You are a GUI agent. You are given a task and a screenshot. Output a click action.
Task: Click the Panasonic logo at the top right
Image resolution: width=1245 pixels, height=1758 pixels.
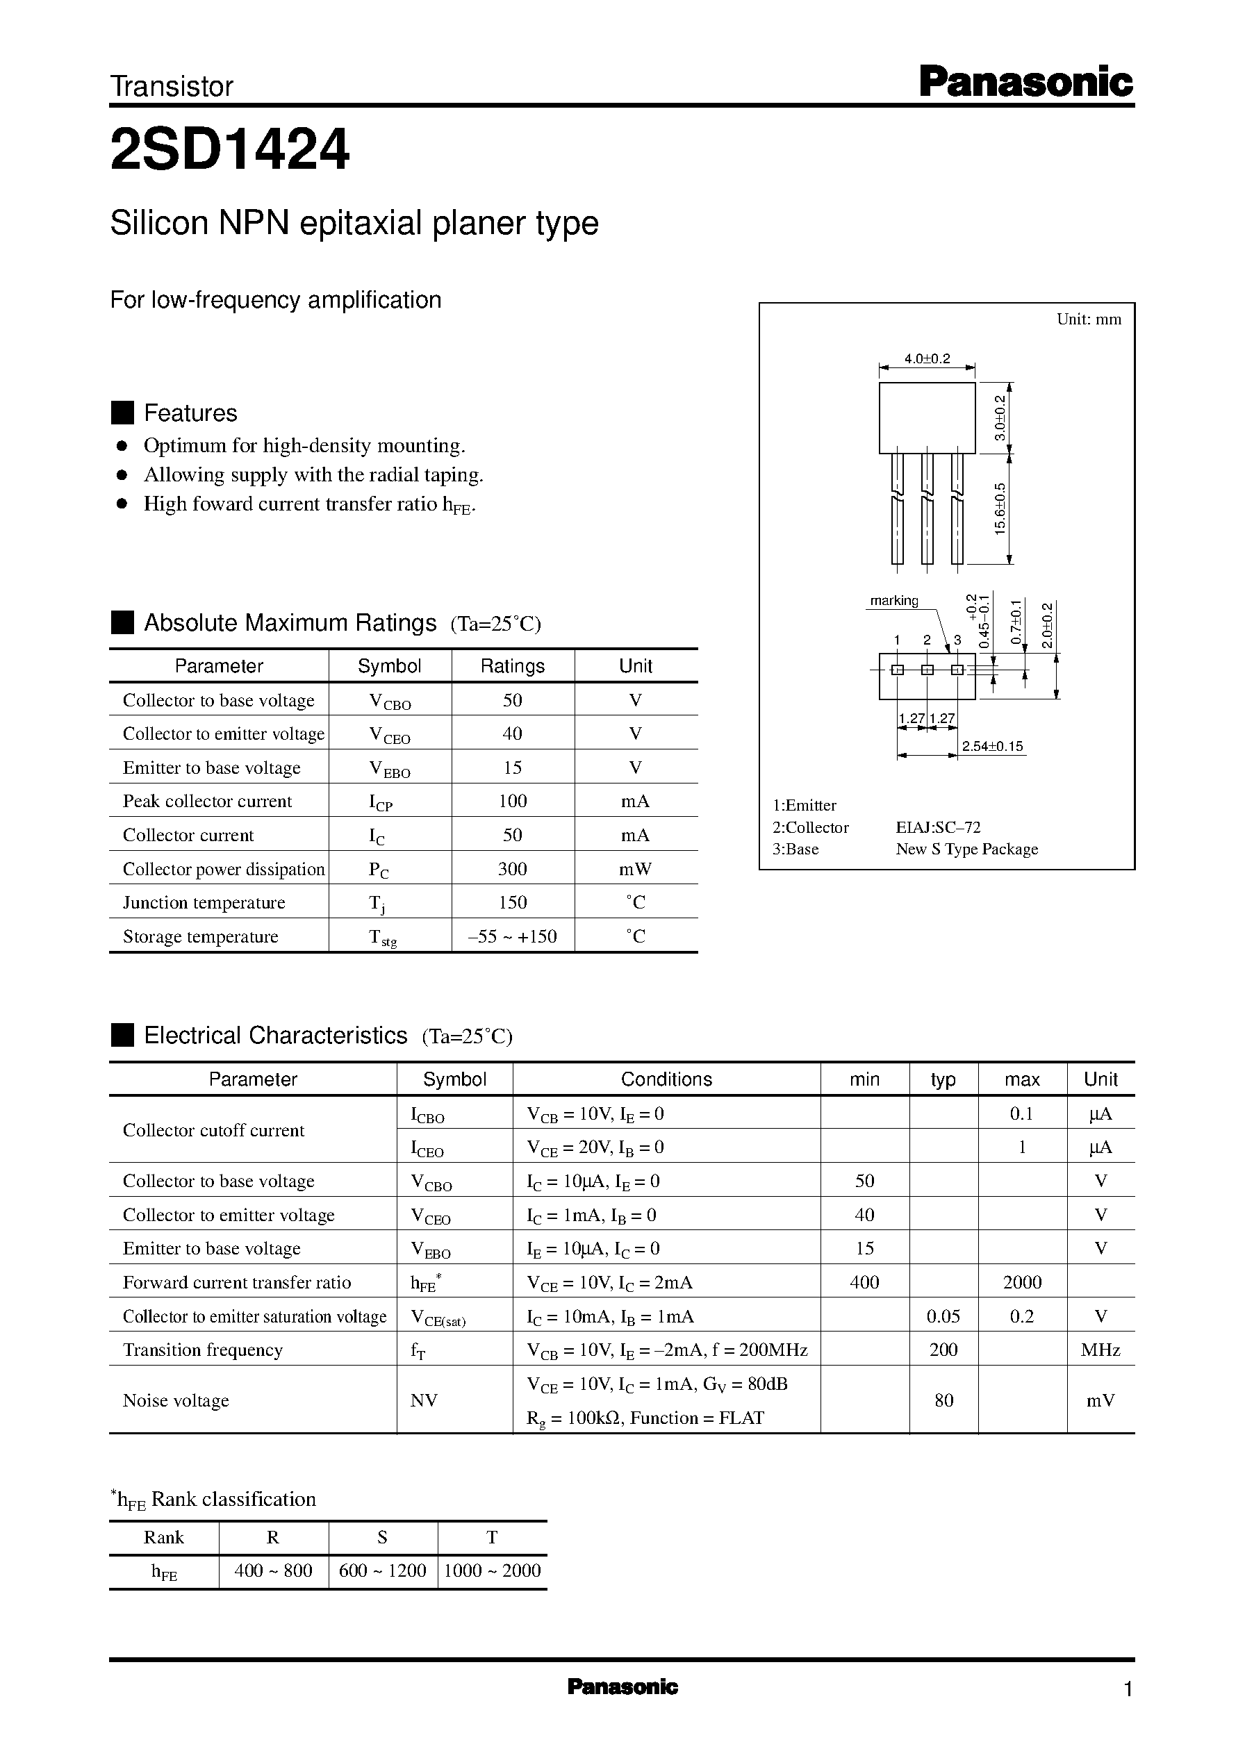coord(1025,82)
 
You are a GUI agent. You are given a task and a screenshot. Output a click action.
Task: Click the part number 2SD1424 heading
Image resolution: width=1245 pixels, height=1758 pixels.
coord(230,149)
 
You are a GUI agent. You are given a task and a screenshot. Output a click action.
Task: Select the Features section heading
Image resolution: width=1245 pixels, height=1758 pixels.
coord(190,413)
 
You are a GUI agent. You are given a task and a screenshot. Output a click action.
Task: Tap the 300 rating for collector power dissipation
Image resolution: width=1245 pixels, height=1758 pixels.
coord(512,868)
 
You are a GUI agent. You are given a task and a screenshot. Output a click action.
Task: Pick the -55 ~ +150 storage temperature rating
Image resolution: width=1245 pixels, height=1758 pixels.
coord(512,936)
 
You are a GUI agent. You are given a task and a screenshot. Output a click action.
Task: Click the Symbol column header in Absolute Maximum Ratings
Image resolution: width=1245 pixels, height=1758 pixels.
coord(390,666)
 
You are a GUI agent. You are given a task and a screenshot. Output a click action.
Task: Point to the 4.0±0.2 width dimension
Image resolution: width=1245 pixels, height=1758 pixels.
coord(927,358)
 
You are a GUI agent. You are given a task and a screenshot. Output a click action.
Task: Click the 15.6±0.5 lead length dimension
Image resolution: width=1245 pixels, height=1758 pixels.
coord(1000,508)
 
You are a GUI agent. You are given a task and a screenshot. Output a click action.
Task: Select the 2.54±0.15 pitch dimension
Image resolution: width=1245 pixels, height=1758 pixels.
coord(992,747)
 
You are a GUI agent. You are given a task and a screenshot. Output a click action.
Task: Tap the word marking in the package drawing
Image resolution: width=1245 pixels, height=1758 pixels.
coord(894,601)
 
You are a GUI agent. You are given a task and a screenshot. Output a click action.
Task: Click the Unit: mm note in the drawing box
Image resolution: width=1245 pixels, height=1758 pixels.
coord(1088,320)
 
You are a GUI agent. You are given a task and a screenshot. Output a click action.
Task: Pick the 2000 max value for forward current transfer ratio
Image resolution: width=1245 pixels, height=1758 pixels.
coord(1022,1282)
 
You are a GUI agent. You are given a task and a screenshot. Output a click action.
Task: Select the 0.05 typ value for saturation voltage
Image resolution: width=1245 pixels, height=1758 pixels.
coord(943,1316)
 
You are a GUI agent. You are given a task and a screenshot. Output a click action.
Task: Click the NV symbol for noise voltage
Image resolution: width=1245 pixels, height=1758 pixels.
coord(424,1400)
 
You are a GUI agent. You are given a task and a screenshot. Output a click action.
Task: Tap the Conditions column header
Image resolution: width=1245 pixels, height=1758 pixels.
coord(666,1079)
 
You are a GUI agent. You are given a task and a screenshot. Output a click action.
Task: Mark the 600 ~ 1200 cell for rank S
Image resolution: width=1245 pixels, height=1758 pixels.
coord(383,1570)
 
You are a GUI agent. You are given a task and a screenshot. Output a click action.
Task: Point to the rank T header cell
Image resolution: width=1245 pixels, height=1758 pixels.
coord(492,1536)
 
